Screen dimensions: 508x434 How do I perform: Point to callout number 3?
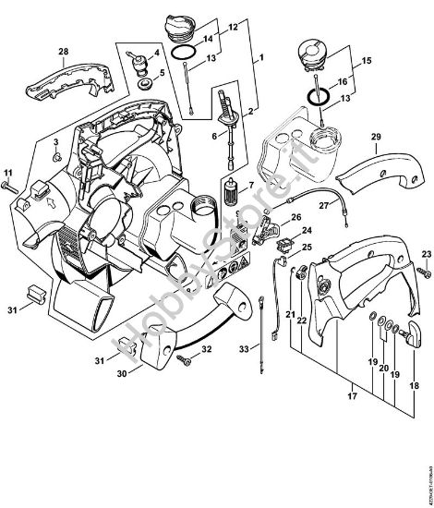pos(55,143)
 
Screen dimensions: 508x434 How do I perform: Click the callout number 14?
pos(207,40)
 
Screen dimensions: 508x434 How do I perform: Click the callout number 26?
pos(296,218)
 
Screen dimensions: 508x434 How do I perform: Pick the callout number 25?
pos(307,248)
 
